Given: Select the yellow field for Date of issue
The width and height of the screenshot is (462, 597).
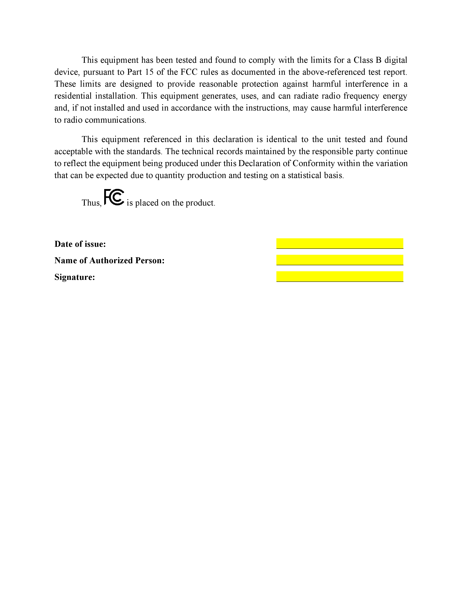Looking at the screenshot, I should (340, 243).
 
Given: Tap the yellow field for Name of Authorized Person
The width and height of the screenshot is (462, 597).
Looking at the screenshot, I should (340, 260).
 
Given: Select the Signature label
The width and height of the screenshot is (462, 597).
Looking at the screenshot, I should (75, 277).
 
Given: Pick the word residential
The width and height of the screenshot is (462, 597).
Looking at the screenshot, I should (73, 96).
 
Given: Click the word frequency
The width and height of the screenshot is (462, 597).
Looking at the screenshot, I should (361, 96).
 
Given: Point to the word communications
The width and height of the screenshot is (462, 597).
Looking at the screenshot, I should (116, 120).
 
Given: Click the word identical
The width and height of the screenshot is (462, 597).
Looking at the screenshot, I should (281, 139).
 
